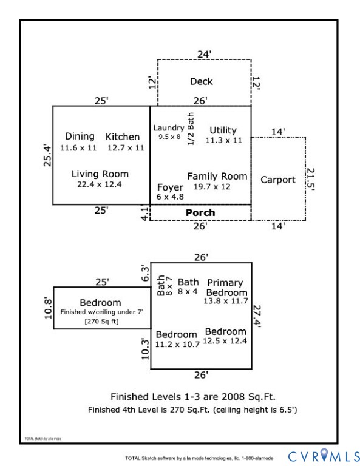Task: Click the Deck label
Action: click(x=202, y=81)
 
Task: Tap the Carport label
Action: click(x=278, y=180)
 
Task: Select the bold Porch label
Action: click(x=200, y=212)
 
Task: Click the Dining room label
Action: click(x=80, y=137)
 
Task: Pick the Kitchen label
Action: click(x=123, y=137)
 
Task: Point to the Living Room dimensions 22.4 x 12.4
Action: click(x=100, y=184)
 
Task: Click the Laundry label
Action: click(x=169, y=128)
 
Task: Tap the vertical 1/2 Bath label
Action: click(x=191, y=129)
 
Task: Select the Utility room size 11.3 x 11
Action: click(x=224, y=140)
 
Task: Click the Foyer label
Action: click(x=170, y=187)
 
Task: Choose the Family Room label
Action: click(x=217, y=176)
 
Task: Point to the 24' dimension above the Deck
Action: click(x=204, y=55)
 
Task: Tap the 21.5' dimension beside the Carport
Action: click(x=310, y=179)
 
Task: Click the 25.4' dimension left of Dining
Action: click(x=47, y=155)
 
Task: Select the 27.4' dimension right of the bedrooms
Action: click(x=257, y=316)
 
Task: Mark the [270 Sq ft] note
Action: click(x=101, y=321)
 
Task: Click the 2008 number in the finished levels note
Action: click(x=233, y=397)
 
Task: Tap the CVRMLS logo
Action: click(x=324, y=455)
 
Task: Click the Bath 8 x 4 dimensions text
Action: click(x=188, y=291)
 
